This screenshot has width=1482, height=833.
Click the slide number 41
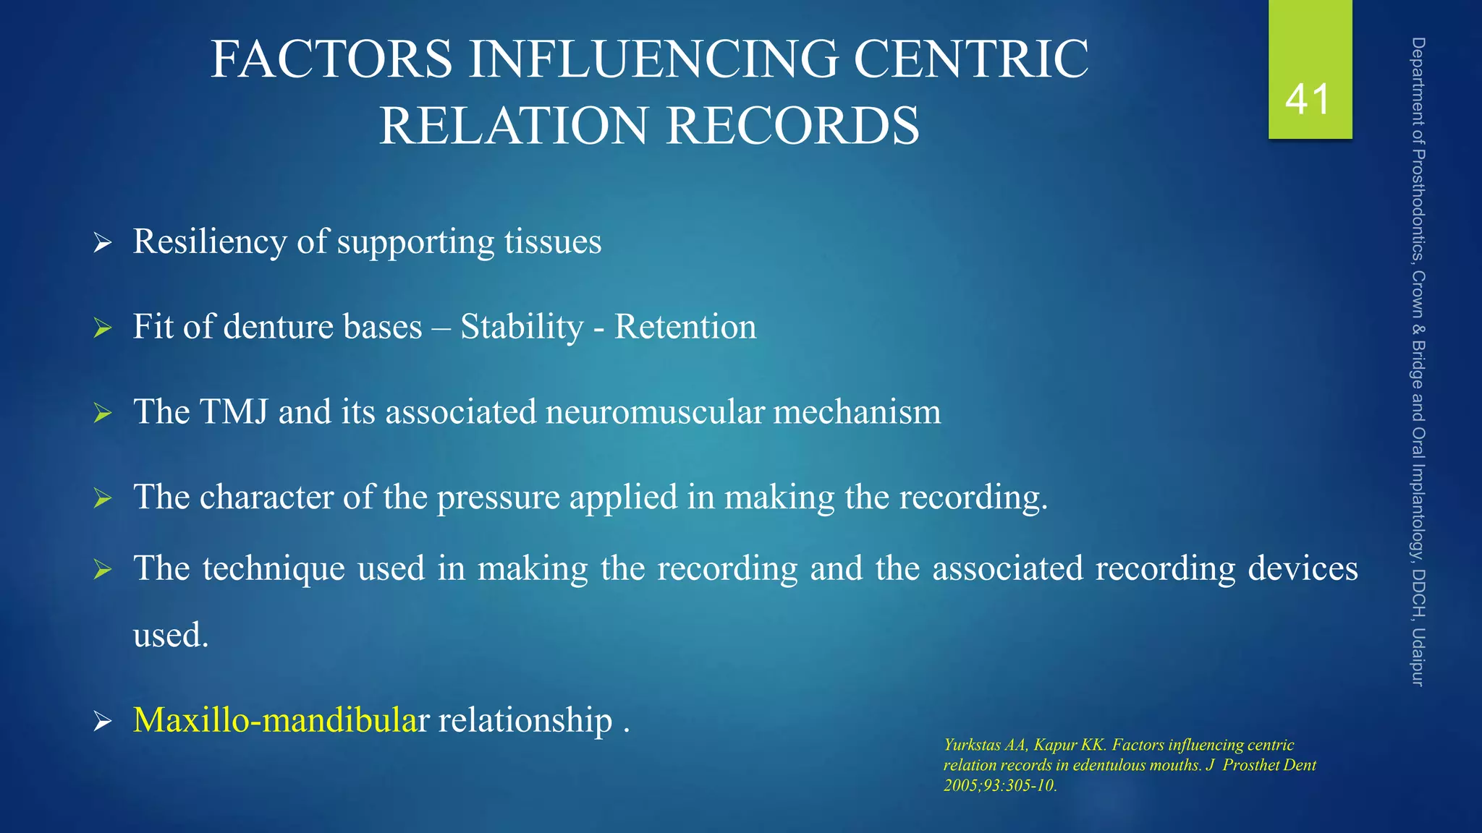(1308, 99)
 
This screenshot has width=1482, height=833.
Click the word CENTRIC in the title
(970, 59)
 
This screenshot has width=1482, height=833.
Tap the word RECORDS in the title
(792, 126)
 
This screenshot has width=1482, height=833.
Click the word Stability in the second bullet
(522, 327)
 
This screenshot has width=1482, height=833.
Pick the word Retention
(685, 327)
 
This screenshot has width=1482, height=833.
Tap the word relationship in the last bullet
(525, 720)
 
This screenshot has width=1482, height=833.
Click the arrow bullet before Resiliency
(103, 244)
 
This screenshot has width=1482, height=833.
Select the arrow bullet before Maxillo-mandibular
(103, 722)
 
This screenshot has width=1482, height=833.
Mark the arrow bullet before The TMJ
(103, 414)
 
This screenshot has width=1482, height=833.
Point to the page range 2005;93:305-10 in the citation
(999, 785)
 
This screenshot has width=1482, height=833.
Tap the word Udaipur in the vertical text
(1418, 657)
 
